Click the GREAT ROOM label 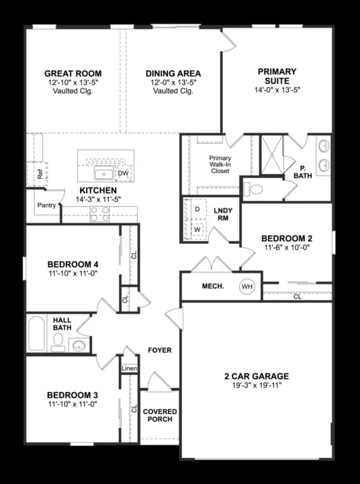click(x=73, y=74)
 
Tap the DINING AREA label click(x=173, y=74)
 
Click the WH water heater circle click(x=248, y=287)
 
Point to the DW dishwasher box click(x=122, y=173)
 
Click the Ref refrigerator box click(x=40, y=173)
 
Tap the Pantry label click(x=46, y=206)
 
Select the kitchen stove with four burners click(x=100, y=214)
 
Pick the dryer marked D click(x=197, y=209)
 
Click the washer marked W click(x=197, y=229)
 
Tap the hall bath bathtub click(x=37, y=334)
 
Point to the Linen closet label click(x=129, y=368)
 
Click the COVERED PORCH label click(x=160, y=415)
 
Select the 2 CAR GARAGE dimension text click(x=257, y=386)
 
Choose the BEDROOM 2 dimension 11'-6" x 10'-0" click(x=287, y=247)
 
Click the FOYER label click(x=160, y=350)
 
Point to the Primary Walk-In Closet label click(x=220, y=165)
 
